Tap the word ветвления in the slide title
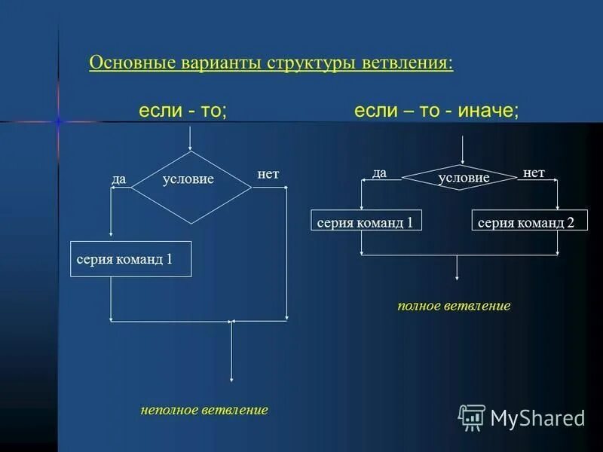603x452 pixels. pos(406,62)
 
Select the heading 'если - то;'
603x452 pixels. pos(182,111)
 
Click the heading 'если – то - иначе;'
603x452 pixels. pos(436,111)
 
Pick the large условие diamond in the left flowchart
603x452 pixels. pos(191,188)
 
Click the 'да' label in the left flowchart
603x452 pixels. pos(118,179)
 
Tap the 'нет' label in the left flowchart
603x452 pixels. pos(268,174)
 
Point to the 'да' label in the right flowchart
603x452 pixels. pos(379,173)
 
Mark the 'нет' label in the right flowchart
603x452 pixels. pos(534,173)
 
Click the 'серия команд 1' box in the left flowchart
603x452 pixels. pos(130,258)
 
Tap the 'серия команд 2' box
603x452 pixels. pos(530,221)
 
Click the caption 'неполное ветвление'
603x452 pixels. pos(204,411)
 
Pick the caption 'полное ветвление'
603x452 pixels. pos(454,306)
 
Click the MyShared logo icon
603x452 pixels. pos(472,417)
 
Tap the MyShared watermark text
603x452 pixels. pos(537,417)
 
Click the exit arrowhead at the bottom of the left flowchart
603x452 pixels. pos(231,378)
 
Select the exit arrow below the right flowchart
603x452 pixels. pos(457,269)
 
